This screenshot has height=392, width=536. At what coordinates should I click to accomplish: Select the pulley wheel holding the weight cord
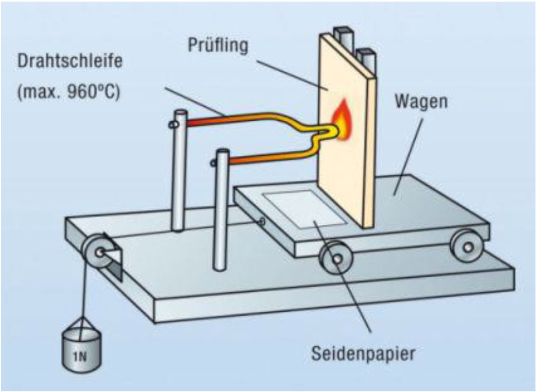coord(97,251)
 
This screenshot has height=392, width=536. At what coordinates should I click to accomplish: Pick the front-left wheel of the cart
coord(335,259)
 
